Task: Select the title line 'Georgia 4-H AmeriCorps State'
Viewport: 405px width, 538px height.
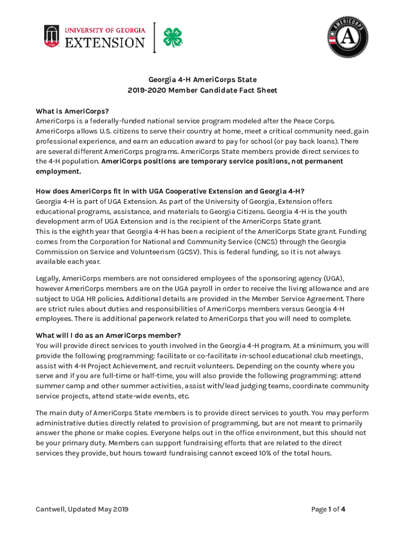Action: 202,80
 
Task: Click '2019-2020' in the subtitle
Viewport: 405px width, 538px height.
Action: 144,90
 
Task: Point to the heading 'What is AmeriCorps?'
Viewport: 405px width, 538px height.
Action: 72,111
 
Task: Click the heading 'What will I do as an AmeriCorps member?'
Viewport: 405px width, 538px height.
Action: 108,335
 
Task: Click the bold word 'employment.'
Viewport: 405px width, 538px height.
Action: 58,171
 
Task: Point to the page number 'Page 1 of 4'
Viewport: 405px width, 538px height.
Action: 328,509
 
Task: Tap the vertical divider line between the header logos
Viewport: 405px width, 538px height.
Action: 155,37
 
